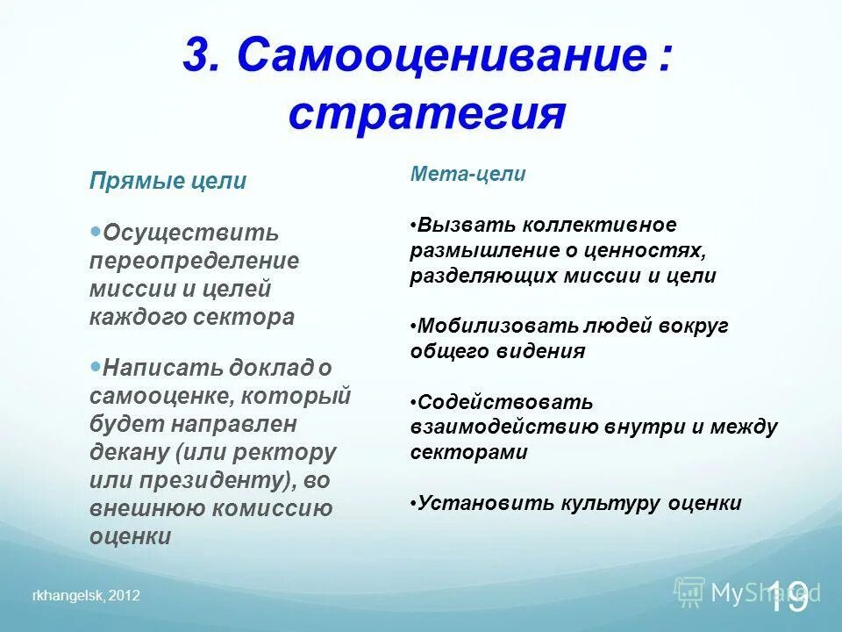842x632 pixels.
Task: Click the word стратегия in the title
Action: (426, 114)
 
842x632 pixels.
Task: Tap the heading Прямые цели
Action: (168, 182)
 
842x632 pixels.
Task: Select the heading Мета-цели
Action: (467, 174)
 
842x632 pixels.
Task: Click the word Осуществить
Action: (191, 233)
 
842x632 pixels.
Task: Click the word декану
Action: (129, 452)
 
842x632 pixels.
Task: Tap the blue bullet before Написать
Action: (96, 364)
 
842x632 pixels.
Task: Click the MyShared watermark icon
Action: (689, 592)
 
